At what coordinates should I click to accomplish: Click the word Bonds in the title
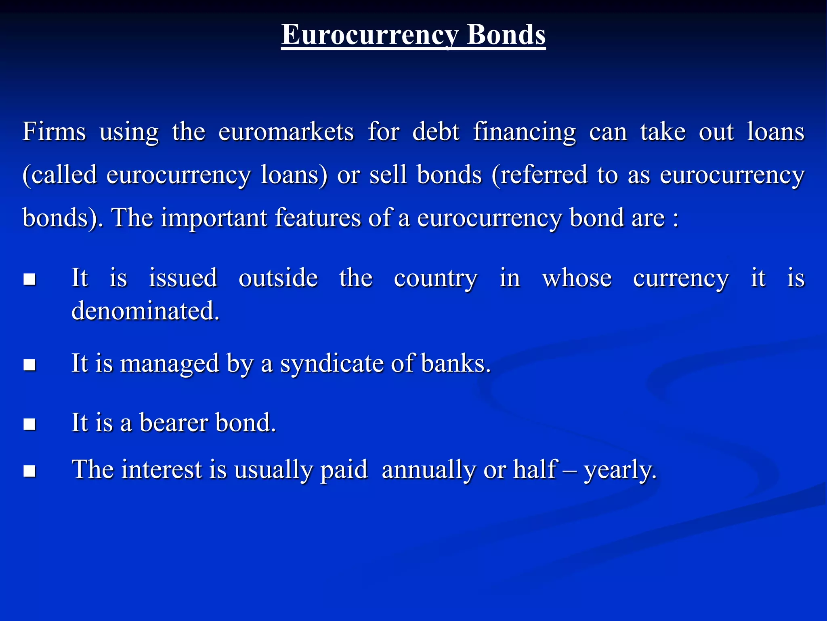pyautogui.click(x=506, y=35)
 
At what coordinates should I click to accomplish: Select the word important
pyautogui.click(x=214, y=218)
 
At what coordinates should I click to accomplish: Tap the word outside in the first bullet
pyautogui.click(x=278, y=278)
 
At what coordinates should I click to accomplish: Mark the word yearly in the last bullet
pyautogui.click(x=620, y=470)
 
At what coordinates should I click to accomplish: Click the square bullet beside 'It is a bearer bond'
pyautogui.click(x=29, y=424)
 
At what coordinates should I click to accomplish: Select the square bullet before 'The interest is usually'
pyautogui.click(x=29, y=471)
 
